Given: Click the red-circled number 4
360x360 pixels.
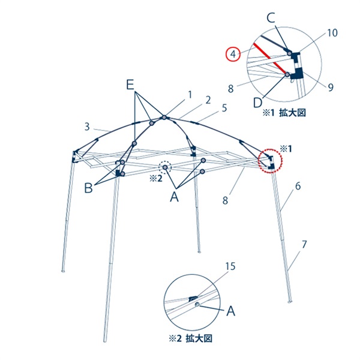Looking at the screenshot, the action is tap(233, 55).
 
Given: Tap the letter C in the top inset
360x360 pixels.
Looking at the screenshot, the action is tap(271, 19).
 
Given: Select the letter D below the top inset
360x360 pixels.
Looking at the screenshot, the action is tap(257, 103).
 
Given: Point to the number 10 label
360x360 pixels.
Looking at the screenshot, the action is tap(332, 33).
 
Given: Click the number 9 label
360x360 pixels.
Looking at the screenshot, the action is tap(331, 87).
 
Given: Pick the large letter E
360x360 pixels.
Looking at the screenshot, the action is tap(130, 85).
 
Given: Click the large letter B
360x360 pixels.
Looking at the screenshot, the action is tap(88, 188).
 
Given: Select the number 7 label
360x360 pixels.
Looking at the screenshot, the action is tap(304, 245).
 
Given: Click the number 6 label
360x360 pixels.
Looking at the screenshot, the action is tap(298, 186).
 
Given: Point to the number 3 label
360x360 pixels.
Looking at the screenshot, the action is tap(87, 127).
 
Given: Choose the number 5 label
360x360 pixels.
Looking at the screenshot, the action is tap(224, 108).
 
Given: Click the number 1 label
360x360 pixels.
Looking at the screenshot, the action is tap(190, 95).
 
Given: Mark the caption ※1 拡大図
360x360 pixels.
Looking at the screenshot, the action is tap(284, 113).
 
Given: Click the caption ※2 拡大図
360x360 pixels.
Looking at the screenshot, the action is tap(191, 338).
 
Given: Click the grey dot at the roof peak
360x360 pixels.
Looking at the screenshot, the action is tap(164, 118).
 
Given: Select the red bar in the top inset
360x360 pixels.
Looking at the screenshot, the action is tap(270, 59).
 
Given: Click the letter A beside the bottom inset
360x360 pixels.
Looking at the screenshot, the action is tap(231, 311).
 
